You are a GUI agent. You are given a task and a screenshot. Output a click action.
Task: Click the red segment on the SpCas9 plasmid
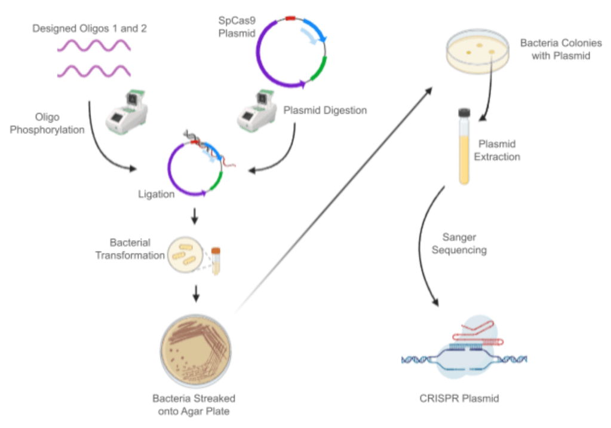tap(290, 19)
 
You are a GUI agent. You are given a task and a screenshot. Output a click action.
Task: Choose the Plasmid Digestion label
tap(325, 111)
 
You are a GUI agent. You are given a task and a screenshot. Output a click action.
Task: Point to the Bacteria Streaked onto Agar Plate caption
tap(194, 405)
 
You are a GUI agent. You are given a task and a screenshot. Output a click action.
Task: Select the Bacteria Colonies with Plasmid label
tap(555, 50)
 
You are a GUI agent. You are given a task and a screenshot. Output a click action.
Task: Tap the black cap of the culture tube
tap(464, 112)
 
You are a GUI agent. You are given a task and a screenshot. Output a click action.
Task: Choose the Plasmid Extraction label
tap(499, 151)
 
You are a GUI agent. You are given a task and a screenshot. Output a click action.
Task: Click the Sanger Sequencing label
tap(464, 244)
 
